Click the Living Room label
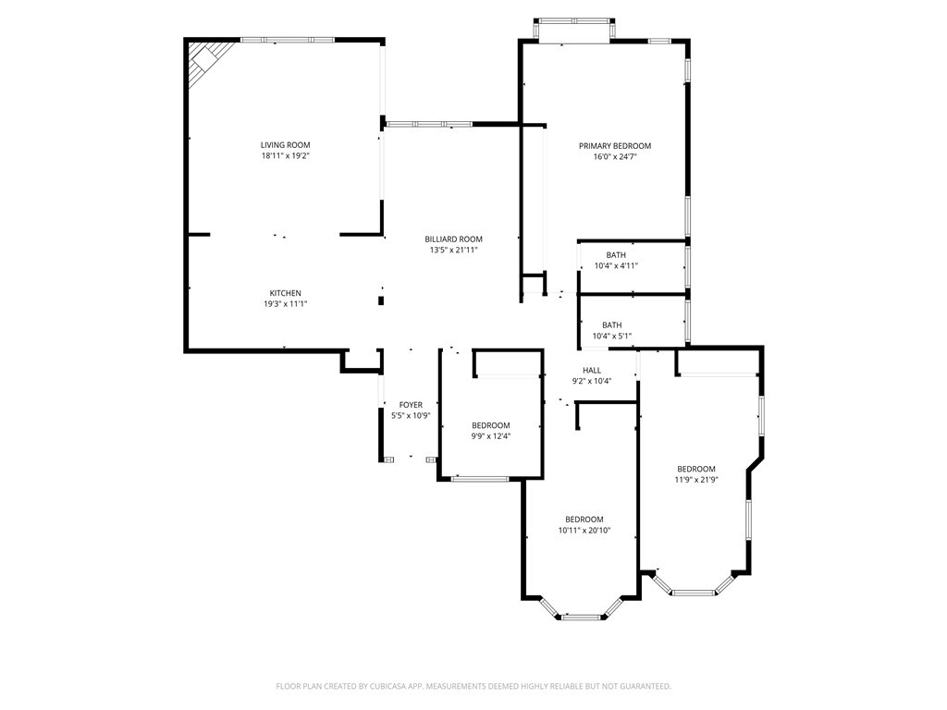[x=285, y=145]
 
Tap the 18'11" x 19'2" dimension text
[x=285, y=155]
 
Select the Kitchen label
[x=285, y=293]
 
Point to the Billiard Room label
[x=453, y=239]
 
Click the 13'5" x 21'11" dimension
[x=453, y=250]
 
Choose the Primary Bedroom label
[x=615, y=146]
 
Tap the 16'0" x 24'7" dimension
[x=615, y=157]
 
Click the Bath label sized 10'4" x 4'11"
[x=616, y=255]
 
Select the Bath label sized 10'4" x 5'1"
[x=612, y=325]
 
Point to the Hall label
[x=592, y=371]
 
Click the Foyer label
[x=411, y=405]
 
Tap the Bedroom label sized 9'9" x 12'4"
[x=491, y=425]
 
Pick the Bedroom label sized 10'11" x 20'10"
[x=584, y=520]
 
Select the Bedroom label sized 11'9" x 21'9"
[x=696, y=469]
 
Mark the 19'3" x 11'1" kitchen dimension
[x=285, y=304]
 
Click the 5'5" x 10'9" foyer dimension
[x=411, y=416]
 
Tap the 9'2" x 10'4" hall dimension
[x=592, y=382]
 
